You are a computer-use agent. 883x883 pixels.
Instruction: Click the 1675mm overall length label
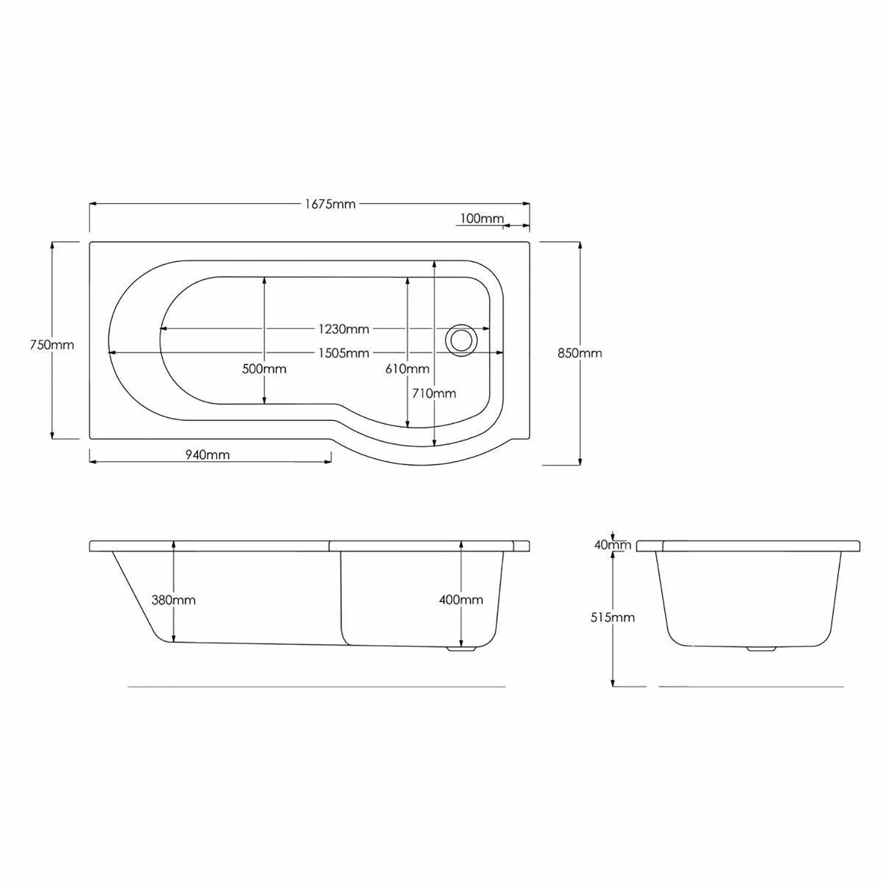pyautogui.click(x=330, y=204)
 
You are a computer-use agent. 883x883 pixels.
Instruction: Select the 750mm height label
pyautogui.click(x=52, y=345)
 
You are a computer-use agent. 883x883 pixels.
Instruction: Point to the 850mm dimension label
pyautogui.click(x=580, y=353)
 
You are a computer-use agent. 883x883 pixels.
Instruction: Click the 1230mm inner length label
pyautogui.click(x=344, y=329)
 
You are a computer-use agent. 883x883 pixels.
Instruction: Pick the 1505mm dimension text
pyautogui.click(x=344, y=353)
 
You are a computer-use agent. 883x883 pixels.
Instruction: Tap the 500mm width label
pyautogui.click(x=264, y=369)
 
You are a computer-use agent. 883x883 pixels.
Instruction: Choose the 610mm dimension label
pyautogui.click(x=407, y=369)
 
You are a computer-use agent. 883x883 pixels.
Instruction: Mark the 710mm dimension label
pyautogui.click(x=434, y=393)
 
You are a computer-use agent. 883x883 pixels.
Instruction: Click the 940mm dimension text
pyautogui.click(x=208, y=454)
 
